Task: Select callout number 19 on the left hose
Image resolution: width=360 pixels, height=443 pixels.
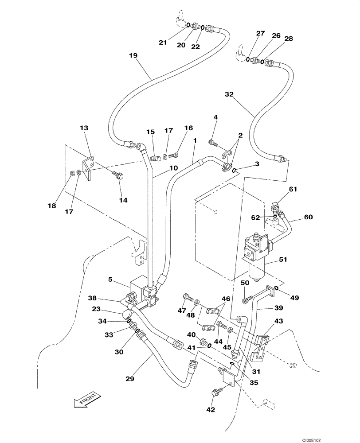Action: point(133,55)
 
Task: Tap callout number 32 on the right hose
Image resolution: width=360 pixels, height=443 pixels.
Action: point(229,94)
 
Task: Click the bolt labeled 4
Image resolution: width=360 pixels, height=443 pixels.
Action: point(213,143)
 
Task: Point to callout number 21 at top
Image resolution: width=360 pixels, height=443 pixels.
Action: point(163,43)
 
